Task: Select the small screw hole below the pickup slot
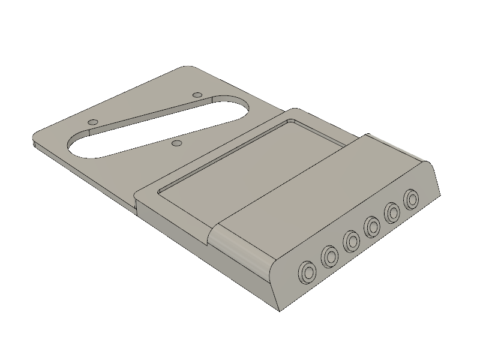(176, 143)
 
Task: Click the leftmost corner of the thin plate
(34, 142)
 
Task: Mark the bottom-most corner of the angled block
(280, 311)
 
